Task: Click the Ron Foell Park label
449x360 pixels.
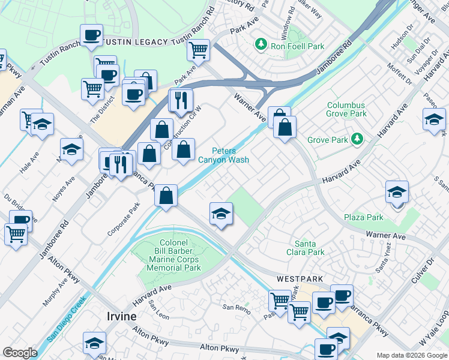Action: tap(298, 46)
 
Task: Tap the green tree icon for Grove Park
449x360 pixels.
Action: tap(357, 139)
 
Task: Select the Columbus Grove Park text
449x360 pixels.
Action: tap(346, 109)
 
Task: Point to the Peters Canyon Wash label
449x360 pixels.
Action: tap(224, 155)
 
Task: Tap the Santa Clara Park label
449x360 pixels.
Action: tap(309, 248)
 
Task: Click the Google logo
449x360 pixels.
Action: tap(20, 353)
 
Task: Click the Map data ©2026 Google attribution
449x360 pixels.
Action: tap(411, 355)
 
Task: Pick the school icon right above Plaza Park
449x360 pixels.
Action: tap(397, 193)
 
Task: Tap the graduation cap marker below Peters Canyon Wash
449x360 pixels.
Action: tap(221, 214)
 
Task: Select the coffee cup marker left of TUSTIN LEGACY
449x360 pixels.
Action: tap(91, 35)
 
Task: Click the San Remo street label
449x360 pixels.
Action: tap(236, 307)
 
